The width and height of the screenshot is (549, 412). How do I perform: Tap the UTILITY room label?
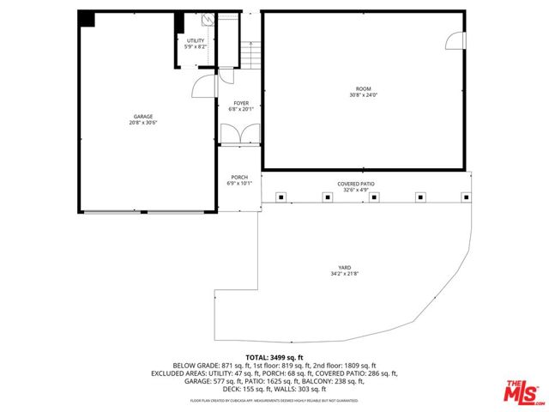click(x=196, y=40)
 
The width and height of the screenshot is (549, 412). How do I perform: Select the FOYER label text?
click(x=240, y=103)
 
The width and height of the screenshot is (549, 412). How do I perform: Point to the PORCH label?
click(x=239, y=178)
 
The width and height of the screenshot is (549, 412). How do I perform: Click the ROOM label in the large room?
click(x=364, y=89)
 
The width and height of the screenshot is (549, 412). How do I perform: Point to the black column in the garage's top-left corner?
click(x=87, y=20)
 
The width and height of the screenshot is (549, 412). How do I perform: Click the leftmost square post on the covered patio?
click(x=281, y=197)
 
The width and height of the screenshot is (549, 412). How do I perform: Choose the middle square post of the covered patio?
click(x=374, y=197)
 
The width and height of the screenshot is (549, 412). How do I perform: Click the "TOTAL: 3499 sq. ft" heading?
click(x=274, y=357)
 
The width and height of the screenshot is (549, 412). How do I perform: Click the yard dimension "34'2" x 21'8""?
click(x=345, y=274)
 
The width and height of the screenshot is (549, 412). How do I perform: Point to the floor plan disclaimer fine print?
click(x=274, y=401)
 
